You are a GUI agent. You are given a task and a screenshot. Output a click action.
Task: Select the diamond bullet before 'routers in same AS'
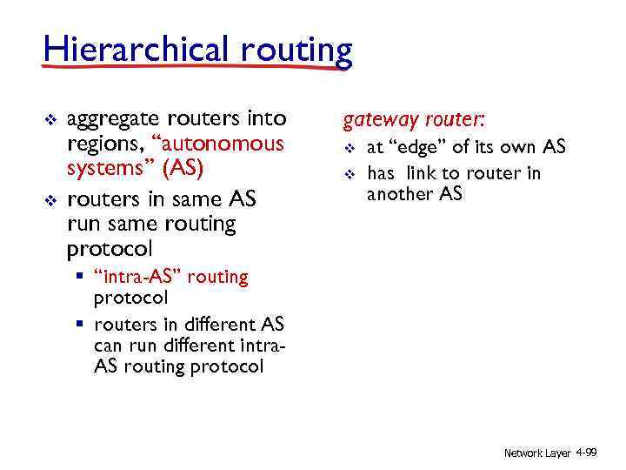[x=49, y=201]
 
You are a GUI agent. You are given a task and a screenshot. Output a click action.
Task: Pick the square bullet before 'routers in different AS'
[x=79, y=325]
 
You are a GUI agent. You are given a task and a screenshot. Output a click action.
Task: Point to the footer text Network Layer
[x=536, y=453]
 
